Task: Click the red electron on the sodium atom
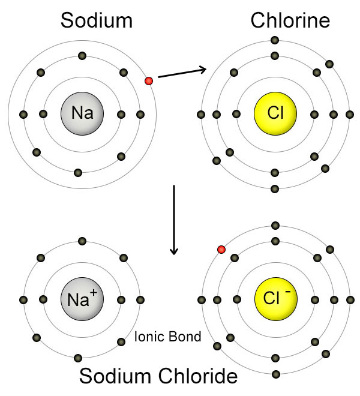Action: click(149, 81)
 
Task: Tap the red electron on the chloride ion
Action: click(221, 249)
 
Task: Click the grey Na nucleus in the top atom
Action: click(82, 113)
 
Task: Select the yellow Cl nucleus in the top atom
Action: click(275, 113)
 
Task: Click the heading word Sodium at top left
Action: click(96, 21)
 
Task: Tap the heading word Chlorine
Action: click(290, 21)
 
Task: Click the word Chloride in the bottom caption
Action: click(202, 377)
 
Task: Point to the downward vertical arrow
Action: click(174, 219)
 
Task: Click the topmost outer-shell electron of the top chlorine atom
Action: click(275, 40)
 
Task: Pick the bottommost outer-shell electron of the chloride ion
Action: click(275, 374)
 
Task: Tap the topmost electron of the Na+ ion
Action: click(82, 241)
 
